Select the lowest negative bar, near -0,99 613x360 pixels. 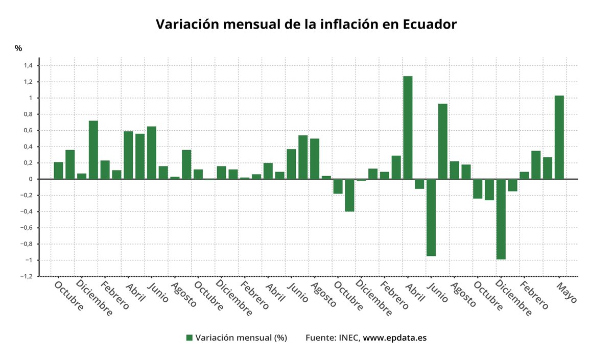pyautogui.click(x=501, y=219)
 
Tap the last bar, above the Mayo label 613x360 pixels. pyautogui.click(x=559, y=137)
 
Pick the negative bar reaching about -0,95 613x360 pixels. pyautogui.click(x=431, y=218)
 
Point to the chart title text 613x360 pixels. pyautogui.click(x=306, y=24)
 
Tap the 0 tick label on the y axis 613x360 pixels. pyautogui.click(x=31, y=179)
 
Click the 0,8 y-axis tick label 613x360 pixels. pyautogui.click(x=28, y=114)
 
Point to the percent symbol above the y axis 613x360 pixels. pyautogui.click(x=18, y=49)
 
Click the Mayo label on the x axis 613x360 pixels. pyautogui.click(x=566, y=293)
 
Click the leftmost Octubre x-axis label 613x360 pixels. pyautogui.click(x=68, y=296)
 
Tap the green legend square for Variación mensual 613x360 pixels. pyautogui.click(x=189, y=338)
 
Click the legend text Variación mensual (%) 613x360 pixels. pyautogui.click(x=241, y=338)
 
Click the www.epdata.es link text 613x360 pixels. pyautogui.click(x=394, y=338)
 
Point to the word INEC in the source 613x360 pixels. pyautogui.click(x=349, y=338)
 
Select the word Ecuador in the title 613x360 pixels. pyautogui.click(x=430, y=24)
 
